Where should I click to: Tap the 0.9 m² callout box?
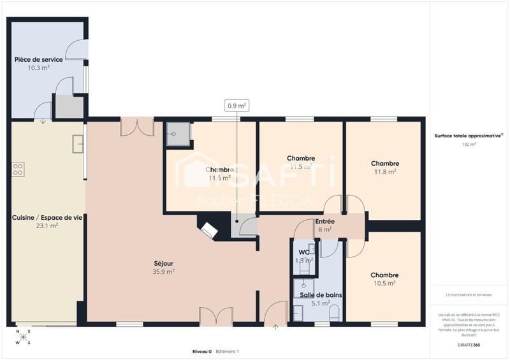(237, 106)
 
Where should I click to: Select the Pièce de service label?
(39, 59)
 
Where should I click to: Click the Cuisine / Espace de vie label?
(47, 217)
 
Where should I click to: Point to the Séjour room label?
(164, 263)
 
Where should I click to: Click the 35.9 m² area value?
(164, 271)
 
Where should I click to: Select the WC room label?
(304, 252)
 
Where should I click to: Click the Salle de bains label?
(317, 295)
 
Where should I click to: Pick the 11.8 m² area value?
(385, 171)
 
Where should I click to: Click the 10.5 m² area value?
(384, 283)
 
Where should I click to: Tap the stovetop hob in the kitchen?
(18, 169)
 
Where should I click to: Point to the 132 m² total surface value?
(469, 145)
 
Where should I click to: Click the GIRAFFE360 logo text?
(469, 345)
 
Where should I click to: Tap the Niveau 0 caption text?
(201, 352)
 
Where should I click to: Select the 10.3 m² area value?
(39, 67)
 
